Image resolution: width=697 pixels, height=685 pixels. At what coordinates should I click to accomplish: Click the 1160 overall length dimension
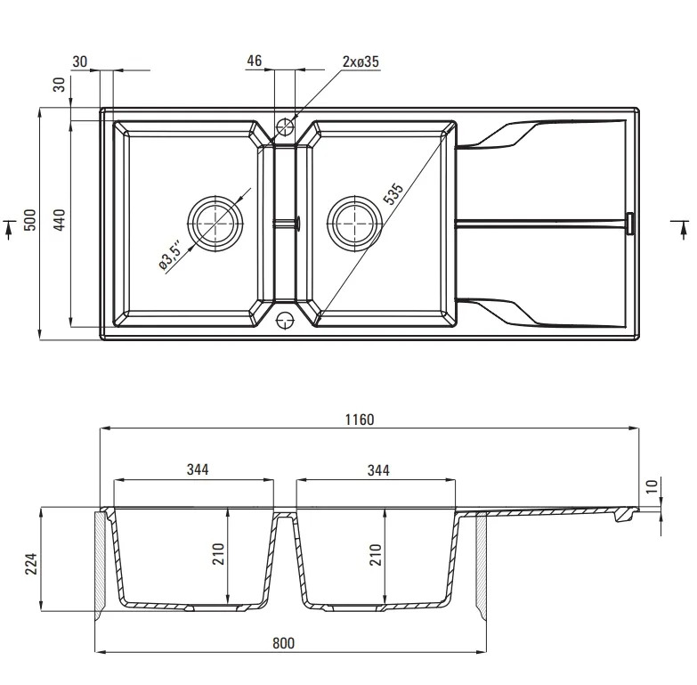[360, 420]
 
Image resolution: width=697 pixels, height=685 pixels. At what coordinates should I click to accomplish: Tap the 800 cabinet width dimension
[283, 643]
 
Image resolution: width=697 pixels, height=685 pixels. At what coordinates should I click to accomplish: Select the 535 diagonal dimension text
[393, 194]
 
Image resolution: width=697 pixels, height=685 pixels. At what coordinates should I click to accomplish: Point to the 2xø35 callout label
[361, 61]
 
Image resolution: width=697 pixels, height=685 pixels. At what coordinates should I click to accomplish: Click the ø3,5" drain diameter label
[170, 256]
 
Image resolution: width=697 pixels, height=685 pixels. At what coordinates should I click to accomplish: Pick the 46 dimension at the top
[254, 61]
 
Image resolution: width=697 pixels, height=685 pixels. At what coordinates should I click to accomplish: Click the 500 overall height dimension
[29, 220]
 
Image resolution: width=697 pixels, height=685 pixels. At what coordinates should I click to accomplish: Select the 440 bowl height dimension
[59, 220]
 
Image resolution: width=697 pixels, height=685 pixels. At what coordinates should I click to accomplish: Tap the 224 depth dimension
[30, 564]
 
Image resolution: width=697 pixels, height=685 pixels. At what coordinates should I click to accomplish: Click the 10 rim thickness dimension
[652, 486]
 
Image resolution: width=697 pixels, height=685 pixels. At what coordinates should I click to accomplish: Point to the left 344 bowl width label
[198, 469]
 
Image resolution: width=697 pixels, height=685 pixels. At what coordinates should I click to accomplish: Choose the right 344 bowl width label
[378, 470]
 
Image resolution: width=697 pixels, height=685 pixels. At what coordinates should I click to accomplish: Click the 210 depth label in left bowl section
[218, 554]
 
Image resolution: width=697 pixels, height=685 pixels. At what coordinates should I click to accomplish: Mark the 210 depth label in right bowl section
[376, 554]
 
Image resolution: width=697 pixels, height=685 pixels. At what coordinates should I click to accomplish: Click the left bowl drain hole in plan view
[216, 224]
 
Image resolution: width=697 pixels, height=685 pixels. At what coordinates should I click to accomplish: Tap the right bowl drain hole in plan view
[354, 224]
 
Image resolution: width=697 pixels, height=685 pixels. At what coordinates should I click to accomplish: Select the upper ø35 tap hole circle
[285, 126]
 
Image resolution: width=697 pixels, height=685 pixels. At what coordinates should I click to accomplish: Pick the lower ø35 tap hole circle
[285, 320]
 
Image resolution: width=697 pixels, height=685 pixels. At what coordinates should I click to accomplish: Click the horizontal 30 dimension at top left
[79, 61]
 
